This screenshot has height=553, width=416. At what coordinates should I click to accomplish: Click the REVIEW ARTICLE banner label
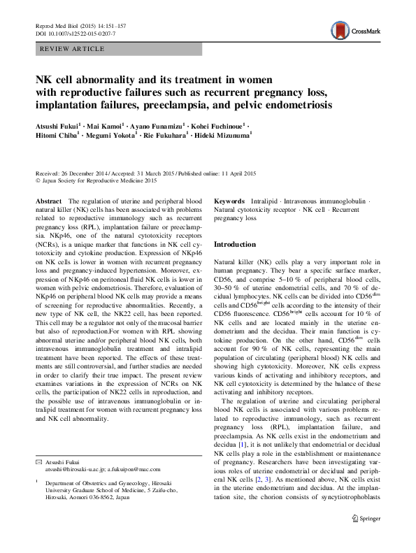coord(73,49)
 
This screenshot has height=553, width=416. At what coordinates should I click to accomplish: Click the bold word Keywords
coord(229,201)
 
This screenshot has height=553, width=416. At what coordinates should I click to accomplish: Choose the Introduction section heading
coord(239,245)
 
